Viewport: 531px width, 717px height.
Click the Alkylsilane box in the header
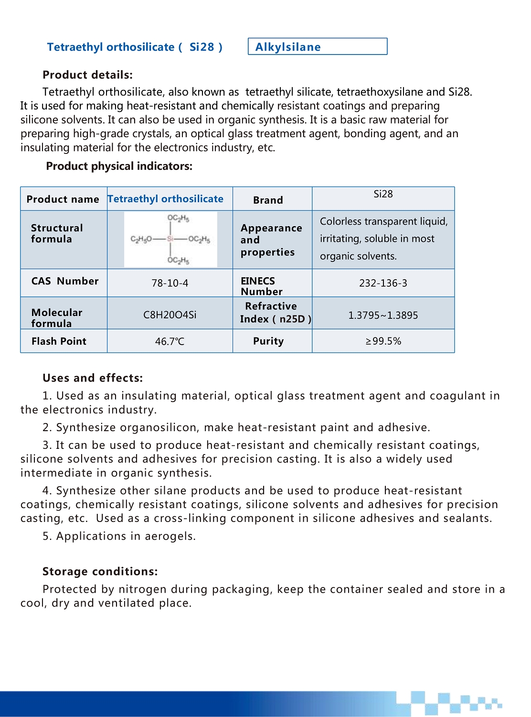pos(317,47)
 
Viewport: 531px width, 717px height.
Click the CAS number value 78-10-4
pos(170,283)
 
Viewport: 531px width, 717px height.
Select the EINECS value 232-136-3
pos(383,283)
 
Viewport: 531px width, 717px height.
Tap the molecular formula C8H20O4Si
pos(170,315)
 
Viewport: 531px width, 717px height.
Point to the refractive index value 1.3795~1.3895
pos(383,315)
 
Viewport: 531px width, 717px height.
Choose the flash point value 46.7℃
pos(170,342)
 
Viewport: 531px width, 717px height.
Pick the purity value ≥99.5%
pos(383,341)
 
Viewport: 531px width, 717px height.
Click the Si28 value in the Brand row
pos(383,194)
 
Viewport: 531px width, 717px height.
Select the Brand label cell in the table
pos(268,200)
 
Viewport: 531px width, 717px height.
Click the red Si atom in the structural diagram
pos(170,239)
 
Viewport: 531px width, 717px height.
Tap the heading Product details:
pos(87,75)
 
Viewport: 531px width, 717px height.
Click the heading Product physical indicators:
pos(119,166)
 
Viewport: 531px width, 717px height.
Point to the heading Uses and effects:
pos(93,378)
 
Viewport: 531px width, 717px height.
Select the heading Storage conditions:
pos(100,572)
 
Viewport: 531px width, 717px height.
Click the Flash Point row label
pos(59,341)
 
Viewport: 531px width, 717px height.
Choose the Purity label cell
pos(268,341)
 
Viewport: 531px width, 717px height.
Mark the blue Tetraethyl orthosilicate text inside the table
pos(165,199)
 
